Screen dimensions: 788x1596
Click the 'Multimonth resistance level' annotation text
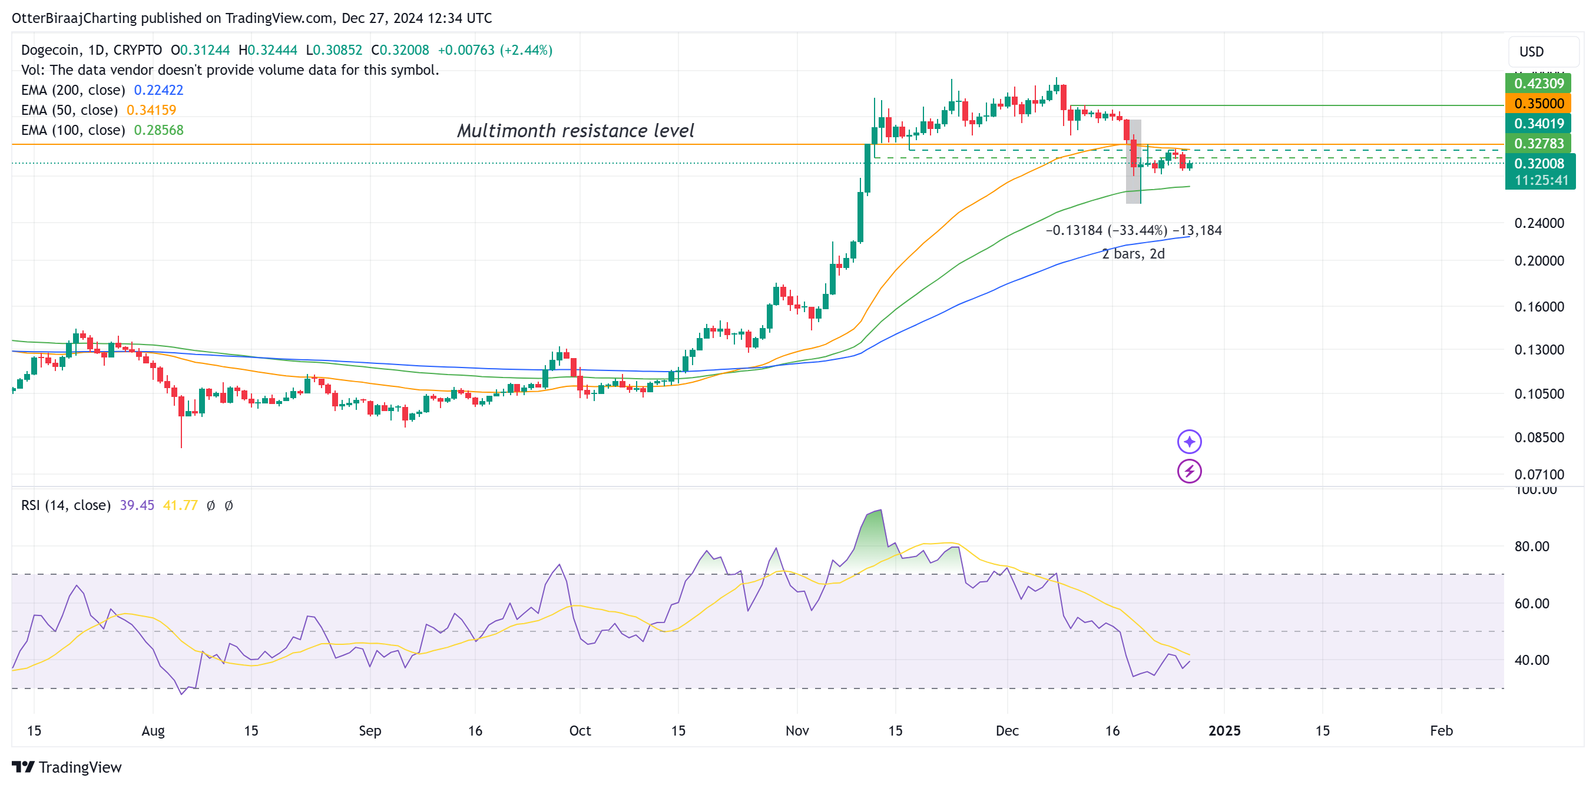point(575,131)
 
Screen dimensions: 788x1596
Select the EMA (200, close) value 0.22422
point(158,90)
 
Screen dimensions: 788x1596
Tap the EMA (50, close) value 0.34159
point(151,110)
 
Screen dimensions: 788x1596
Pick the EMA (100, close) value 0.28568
point(158,130)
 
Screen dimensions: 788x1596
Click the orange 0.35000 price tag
point(1538,104)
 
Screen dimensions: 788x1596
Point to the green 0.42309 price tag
point(1538,83)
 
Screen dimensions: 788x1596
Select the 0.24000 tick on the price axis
point(1538,223)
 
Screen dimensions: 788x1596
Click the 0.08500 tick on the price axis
point(1538,438)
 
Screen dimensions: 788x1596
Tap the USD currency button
point(1531,51)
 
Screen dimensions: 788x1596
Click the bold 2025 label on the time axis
point(1224,730)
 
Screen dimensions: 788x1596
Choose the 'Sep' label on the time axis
point(370,730)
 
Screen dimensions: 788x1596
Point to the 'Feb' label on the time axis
point(1441,730)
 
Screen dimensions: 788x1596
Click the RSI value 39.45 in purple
point(137,505)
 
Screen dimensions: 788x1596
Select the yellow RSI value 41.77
point(180,505)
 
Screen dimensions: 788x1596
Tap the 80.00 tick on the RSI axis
point(1531,547)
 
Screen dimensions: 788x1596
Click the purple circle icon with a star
point(1189,442)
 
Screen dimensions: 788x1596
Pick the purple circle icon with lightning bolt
point(1189,471)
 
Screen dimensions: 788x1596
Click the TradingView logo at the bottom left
point(67,767)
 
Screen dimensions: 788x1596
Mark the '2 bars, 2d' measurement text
point(1133,254)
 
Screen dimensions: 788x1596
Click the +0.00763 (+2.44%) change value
point(495,49)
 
